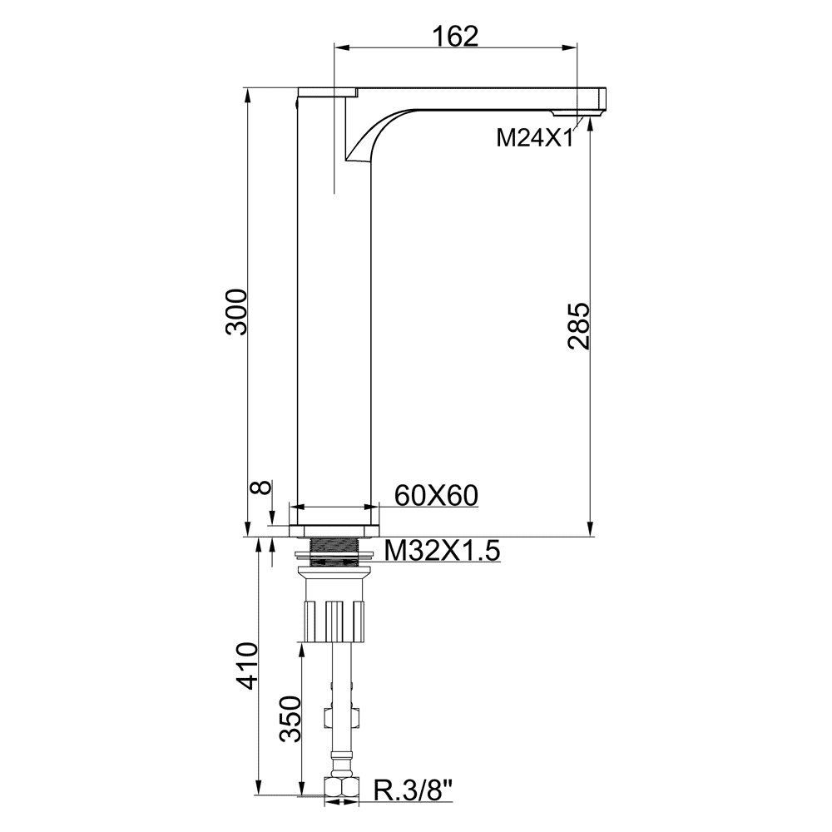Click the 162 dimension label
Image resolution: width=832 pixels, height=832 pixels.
(456, 36)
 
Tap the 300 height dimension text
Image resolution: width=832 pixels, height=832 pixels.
(236, 312)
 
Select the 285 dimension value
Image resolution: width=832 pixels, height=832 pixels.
(579, 326)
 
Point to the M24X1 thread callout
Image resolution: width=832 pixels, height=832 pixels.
(535, 139)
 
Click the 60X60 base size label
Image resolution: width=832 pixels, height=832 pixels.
(436, 496)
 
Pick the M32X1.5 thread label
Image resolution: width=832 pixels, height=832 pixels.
(442, 551)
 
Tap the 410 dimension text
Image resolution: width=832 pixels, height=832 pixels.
(247, 666)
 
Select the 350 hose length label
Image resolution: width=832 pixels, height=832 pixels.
(290, 719)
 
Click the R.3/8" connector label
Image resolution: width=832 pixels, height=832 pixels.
(414, 790)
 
